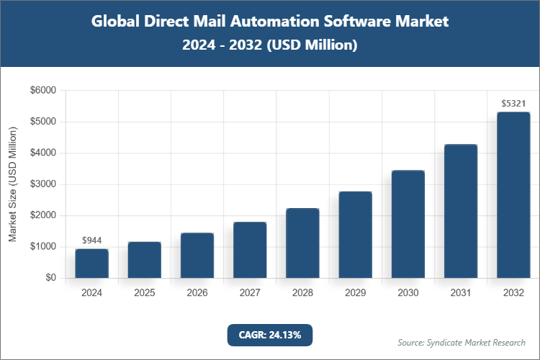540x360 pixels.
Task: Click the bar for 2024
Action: click(91, 264)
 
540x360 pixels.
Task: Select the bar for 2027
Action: click(250, 250)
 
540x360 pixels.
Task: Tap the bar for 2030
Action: click(408, 224)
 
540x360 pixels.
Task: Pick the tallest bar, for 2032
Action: click(513, 195)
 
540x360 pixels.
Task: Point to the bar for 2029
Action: click(355, 235)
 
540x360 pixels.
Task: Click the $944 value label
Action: click(91, 240)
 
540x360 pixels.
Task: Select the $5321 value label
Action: click(513, 104)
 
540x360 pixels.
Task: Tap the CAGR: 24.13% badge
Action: click(270, 335)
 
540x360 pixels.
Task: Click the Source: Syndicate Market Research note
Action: click(462, 342)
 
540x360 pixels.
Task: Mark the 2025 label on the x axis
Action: click(144, 293)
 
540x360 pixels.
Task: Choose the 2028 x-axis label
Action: click(302, 293)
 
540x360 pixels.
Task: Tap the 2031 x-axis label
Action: click(461, 293)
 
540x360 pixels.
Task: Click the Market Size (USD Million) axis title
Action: click(12, 184)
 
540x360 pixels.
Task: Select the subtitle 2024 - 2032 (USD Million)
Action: click(270, 45)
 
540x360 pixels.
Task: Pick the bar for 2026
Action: click(197, 256)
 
